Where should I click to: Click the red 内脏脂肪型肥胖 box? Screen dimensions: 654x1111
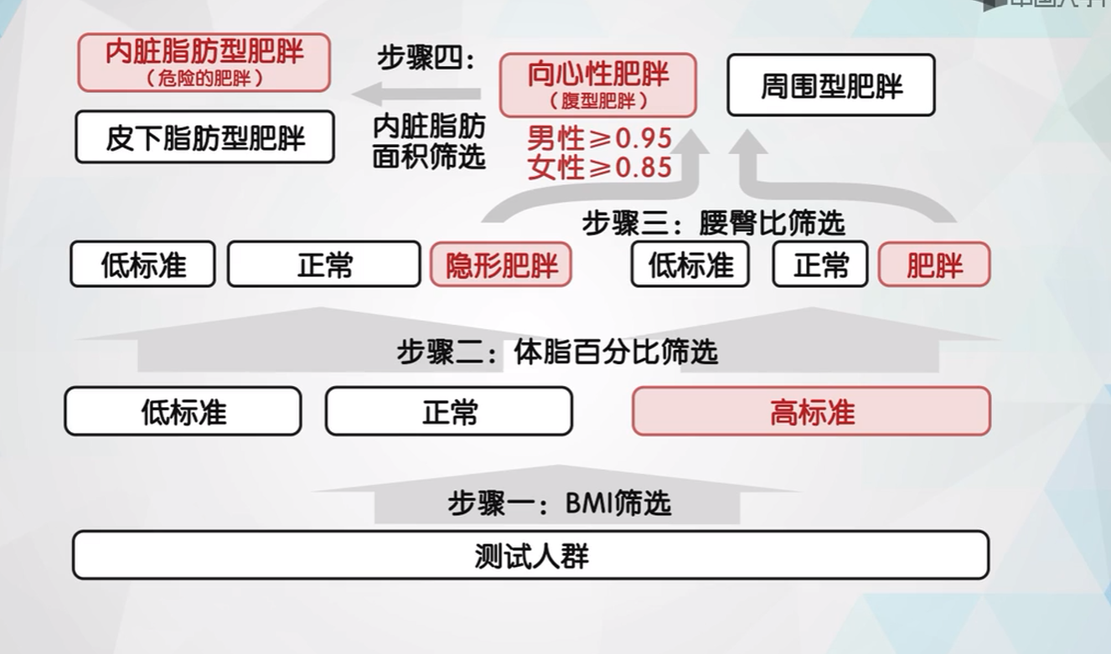tap(204, 62)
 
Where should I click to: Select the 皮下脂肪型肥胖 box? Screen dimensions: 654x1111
tap(204, 137)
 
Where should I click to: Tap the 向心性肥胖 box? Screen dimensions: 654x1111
tap(598, 85)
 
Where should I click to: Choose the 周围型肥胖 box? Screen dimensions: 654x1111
tap(830, 85)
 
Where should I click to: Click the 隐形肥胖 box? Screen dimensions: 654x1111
tap(501, 265)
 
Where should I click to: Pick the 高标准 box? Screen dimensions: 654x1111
tap(811, 412)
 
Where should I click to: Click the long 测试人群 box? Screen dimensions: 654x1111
tap(530, 555)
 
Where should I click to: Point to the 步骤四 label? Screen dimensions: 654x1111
tap(426, 60)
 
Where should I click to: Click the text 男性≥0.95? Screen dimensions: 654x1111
tap(599, 136)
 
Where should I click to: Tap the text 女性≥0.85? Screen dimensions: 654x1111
tap(599, 167)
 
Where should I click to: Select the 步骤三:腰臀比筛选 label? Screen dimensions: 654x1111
tap(713, 224)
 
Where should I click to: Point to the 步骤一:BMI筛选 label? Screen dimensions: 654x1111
tap(559, 504)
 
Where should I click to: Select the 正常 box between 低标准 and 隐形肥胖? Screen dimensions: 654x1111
tap(323, 265)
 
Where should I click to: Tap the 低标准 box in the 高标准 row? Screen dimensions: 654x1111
tap(183, 412)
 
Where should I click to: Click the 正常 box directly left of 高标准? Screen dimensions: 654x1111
tap(449, 412)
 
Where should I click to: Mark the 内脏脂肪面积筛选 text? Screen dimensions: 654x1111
tap(428, 142)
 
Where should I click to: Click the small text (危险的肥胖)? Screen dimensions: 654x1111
tap(204, 79)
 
